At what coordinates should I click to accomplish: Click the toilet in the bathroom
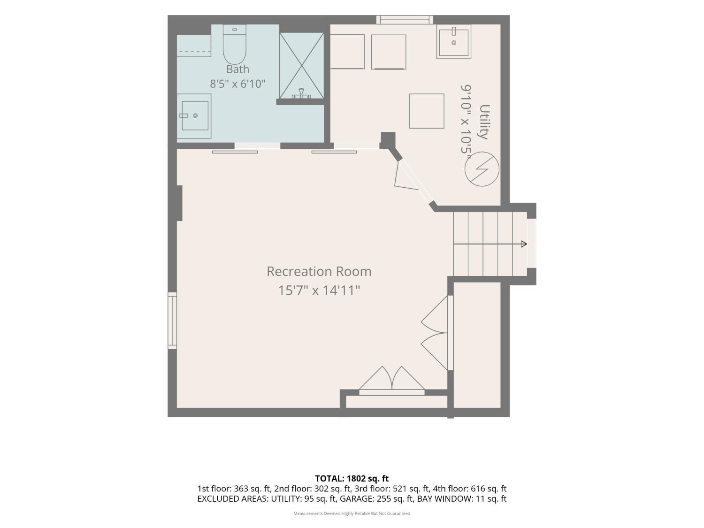click(234, 45)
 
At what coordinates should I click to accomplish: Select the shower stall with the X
click(301, 65)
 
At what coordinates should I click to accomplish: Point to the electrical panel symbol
click(482, 168)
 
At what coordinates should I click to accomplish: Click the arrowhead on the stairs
click(524, 244)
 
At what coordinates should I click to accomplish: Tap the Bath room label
click(237, 69)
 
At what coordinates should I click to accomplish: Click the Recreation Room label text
click(319, 272)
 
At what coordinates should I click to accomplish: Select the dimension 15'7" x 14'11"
click(319, 291)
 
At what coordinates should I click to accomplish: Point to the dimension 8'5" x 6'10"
click(237, 84)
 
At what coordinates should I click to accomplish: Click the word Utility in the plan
click(484, 122)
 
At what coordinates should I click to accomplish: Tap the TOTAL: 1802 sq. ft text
click(352, 479)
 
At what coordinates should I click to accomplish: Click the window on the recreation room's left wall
click(172, 320)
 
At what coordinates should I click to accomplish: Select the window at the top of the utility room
click(405, 20)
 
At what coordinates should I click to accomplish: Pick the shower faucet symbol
click(301, 93)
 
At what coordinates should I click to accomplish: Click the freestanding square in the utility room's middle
click(427, 111)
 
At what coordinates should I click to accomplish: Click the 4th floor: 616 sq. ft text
click(469, 489)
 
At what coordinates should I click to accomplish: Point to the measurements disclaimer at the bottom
click(352, 513)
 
